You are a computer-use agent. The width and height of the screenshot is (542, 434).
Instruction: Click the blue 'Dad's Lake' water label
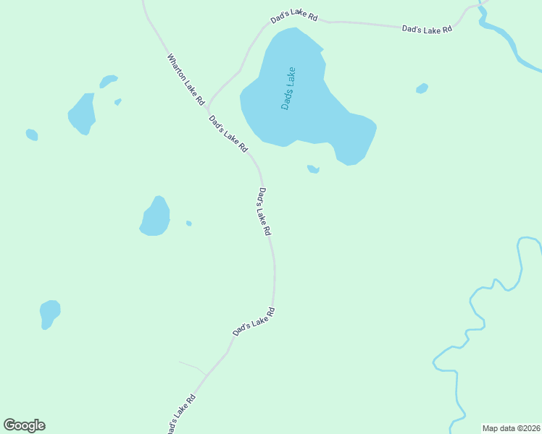coord(288,88)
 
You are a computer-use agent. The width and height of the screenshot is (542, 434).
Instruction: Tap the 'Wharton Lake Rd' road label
coord(186,80)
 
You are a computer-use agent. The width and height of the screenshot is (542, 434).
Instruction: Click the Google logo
coord(24,425)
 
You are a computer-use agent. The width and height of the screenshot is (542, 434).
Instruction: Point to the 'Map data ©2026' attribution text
coord(511,428)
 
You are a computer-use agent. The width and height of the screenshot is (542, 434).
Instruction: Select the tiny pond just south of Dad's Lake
coord(313,169)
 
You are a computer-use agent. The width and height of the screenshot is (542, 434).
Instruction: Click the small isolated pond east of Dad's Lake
coord(422,88)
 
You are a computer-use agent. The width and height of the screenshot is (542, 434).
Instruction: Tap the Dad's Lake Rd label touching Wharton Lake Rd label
coord(228,133)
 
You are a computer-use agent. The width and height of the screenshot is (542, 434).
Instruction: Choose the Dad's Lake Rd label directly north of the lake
coord(294,17)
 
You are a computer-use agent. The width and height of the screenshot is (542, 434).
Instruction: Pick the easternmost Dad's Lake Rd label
coord(427,29)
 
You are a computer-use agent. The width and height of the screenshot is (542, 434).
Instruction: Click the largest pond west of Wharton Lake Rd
coord(83,113)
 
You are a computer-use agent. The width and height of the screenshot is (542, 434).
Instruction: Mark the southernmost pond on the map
coord(49,314)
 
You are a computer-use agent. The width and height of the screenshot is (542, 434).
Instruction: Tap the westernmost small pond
coord(31,135)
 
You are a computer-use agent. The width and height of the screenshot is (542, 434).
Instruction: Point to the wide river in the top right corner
coord(507,43)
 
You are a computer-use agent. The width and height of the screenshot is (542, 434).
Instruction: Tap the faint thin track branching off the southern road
coord(193,367)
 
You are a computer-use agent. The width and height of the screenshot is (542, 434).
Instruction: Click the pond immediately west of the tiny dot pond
coord(155,217)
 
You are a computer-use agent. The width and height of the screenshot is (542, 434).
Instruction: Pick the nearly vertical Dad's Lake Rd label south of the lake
coord(264,211)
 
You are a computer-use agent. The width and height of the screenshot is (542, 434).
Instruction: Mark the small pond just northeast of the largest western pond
coord(108,80)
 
